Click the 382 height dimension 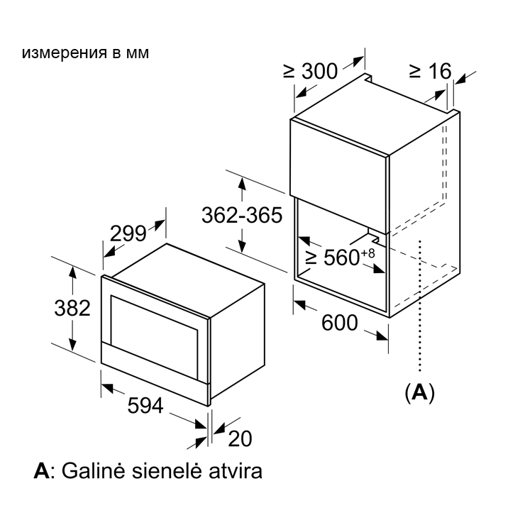[72, 308]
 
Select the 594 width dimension [145, 406]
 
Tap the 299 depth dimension [128, 233]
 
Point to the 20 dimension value [240, 438]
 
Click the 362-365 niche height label [242, 215]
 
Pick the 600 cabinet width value [340, 323]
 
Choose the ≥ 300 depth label [310, 71]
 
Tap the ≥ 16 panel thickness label [431, 71]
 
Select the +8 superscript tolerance [368, 253]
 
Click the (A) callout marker [419, 392]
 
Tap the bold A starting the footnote [42, 471]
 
